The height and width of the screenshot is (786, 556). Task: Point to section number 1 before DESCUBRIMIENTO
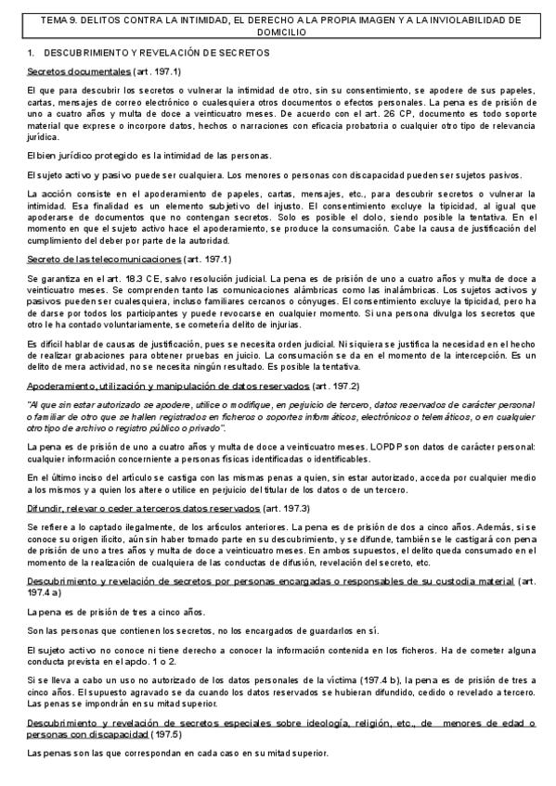pyautogui.click(x=31, y=53)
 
